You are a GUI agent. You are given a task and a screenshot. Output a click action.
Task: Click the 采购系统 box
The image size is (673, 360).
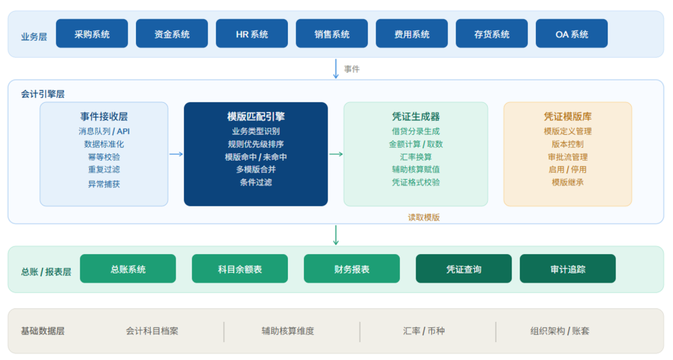click(92, 34)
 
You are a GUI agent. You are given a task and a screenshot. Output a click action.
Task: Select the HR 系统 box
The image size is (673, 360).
click(252, 34)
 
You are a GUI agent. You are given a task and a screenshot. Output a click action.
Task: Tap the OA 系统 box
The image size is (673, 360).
click(571, 34)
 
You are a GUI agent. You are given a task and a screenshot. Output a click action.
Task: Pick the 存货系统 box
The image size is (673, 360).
click(492, 34)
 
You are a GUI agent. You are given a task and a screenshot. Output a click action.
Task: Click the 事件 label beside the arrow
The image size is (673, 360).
click(352, 69)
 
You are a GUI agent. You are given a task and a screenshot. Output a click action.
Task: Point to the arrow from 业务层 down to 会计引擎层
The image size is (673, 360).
click(336, 69)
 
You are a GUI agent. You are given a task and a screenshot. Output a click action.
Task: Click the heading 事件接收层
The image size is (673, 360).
click(104, 116)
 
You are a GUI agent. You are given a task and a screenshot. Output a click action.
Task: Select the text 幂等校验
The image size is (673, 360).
click(104, 157)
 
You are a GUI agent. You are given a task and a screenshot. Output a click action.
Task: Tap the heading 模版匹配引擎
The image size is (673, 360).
click(256, 116)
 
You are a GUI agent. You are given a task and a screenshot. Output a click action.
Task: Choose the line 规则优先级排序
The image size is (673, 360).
click(256, 144)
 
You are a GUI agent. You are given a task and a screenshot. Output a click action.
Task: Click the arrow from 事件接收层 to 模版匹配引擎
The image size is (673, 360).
click(176, 154)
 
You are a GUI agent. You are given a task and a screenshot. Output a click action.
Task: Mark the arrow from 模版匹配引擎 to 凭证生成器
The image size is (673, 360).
click(336, 154)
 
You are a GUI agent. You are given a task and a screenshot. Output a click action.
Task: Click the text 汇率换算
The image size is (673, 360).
click(416, 157)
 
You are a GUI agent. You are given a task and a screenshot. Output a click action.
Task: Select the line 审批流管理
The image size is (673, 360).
click(568, 157)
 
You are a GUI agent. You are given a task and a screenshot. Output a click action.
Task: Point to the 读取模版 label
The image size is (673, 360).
click(424, 217)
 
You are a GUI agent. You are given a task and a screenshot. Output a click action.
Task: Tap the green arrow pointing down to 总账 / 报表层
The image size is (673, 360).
click(336, 235)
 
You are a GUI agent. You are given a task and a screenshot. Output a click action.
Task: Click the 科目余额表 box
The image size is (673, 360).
click(240, 268)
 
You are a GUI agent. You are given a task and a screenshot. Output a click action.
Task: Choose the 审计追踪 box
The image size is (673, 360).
click(568, 268)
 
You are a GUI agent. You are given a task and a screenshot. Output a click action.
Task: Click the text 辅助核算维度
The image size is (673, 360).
click(288, 331)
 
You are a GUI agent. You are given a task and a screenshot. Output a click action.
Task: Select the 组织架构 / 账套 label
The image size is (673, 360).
click(560, 331)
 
